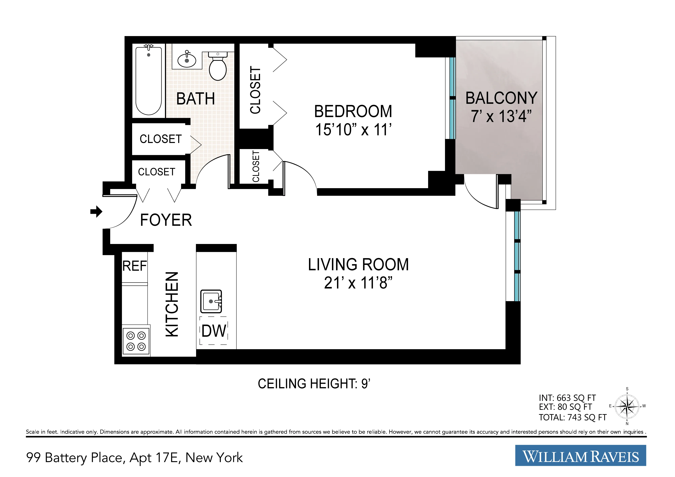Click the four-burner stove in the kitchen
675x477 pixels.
point(136,341)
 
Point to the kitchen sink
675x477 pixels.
point(211,301)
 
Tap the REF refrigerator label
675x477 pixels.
point(134,266)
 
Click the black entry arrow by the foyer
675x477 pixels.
point(96,211)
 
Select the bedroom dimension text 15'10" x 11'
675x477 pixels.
point(353,129)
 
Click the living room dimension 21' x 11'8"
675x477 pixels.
point(358,283)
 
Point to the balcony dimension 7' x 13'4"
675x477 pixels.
point(501,116)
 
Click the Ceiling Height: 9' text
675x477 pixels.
point(314,384)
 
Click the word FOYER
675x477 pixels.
point(166,220)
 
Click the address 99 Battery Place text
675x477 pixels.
point(134,457)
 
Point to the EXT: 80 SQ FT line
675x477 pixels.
point(565,407)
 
